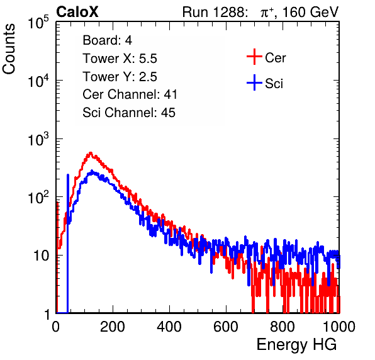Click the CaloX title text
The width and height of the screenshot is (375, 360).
pyautogui.click(x=77, y=11)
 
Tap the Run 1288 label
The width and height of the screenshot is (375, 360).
pyautogui.click(x=213, y=12)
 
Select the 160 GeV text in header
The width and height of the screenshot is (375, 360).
pyautogui.click(x=310, y=12)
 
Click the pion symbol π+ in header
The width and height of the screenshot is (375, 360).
pyautogui.click(x=267, y=12)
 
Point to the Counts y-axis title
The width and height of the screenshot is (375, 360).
pyautogui.click(x=9, y=49)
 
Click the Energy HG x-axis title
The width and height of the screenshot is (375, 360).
pyautogui.click(x=296, y=345)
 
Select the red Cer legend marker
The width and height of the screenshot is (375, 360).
pyautogui.click(x=254, y=57)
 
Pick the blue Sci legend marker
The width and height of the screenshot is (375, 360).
pyautogui.click(x=254, y=82)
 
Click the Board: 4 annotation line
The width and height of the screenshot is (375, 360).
pyautogui.click(x=107, y=40)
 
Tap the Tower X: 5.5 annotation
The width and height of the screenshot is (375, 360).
pyautogui.click(x=120, y=59)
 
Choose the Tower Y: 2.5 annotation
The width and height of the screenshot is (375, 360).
pyautogui.click(x=120, y=77)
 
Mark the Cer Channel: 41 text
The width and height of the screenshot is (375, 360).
pyautogui.click(x=130, y=94)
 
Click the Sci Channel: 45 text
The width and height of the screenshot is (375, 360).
pyautogui.click(x=129, y=113)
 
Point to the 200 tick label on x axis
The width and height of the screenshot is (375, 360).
pyautogui.click(x=113, y=327)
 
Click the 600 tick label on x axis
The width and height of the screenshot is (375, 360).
pyautogui.click(x=226, y=327)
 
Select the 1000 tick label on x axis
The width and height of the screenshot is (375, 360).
pyautogui.click(x=339, y=327)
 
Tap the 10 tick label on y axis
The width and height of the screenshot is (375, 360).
pyautogui.click(x=41, y=256)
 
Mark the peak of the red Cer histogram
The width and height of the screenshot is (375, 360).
pyautogui.click(x=91, y=152)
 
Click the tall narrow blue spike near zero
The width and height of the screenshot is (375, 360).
pyautogui.click(x=68, y=244)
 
